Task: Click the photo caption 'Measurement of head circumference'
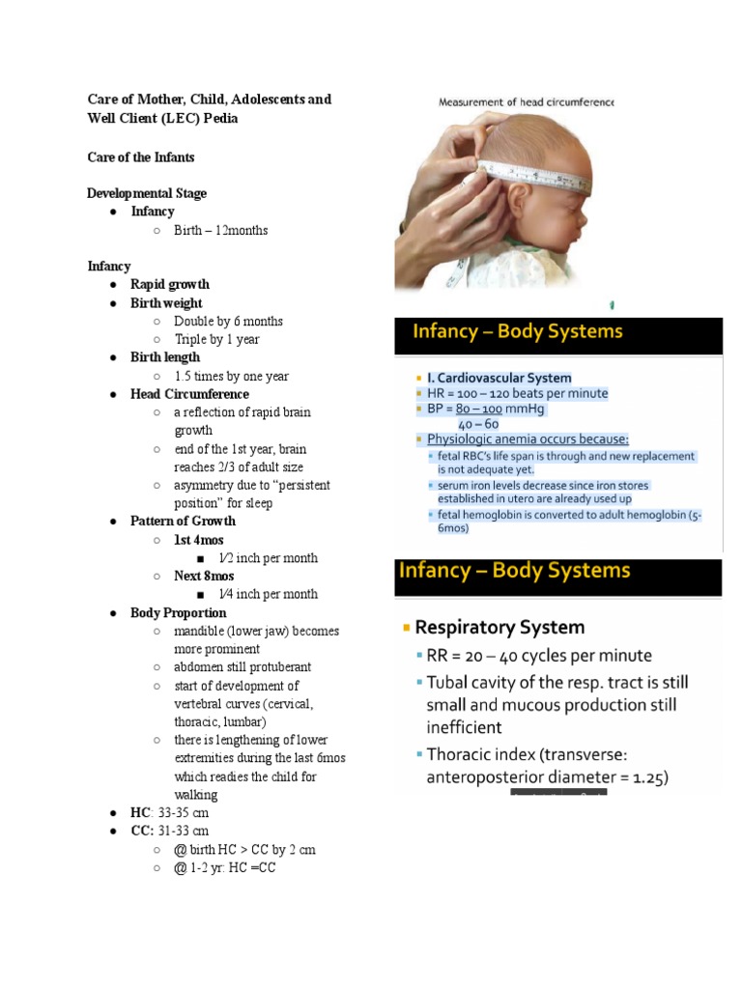coord(527,101)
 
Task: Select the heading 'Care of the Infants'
coord(140,156)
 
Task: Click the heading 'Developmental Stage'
coord(147,193)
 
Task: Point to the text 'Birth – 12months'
coord(220,230)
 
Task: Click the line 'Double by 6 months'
coord(228,321)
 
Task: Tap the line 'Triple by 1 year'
coord(216,339)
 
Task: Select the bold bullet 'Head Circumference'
coord(189,394)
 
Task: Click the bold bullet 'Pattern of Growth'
coord(183,522)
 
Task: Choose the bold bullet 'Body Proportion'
coord(179,613)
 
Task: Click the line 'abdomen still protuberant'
coord(243,667)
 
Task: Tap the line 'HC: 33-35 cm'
coord(169,813)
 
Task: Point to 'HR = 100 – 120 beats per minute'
coord(518,393)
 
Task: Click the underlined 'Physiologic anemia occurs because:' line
coord(528,438)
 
